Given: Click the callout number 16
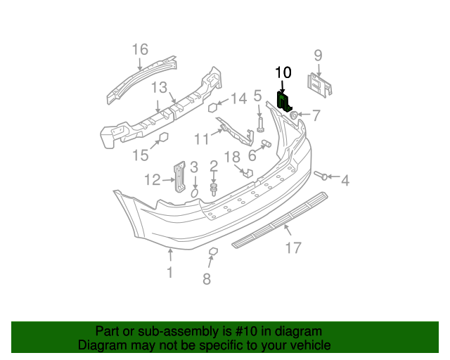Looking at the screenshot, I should [x=140, y=49].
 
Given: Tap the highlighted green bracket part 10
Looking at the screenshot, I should [x=285, y=102].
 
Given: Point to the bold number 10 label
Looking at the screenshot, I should [x=283, y=72].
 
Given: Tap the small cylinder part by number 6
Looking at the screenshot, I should [x=266, y=143].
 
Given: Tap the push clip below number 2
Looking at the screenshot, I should [x=213, y=188].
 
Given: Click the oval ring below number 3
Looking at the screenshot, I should [x=195, y=191].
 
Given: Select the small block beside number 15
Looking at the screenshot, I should [x=162, y=137].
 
